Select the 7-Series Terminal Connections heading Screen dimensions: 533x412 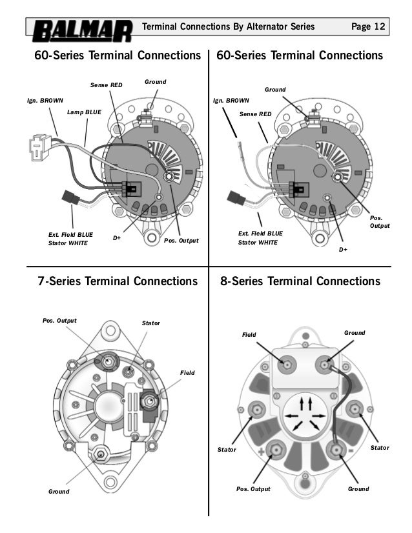click(x=117, y=281)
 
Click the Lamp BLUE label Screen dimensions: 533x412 click(x=84, y=112)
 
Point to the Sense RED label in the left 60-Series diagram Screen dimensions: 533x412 click(x=105, y=85)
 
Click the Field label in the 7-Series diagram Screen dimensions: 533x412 click(x=187, y=373)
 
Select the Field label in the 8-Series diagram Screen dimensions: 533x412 click(x=249, y=336)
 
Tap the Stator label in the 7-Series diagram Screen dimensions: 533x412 click(x=150, y=323)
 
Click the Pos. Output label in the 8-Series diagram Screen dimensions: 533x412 click(x=252, y=489)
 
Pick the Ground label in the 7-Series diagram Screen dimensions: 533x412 click(x=59, y=492)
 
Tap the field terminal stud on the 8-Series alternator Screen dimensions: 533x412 click(x=287, y=365)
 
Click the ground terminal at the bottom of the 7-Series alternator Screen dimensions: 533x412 click(x=101, y=454)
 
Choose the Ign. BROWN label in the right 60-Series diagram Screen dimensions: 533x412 click(x=231, y=101)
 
